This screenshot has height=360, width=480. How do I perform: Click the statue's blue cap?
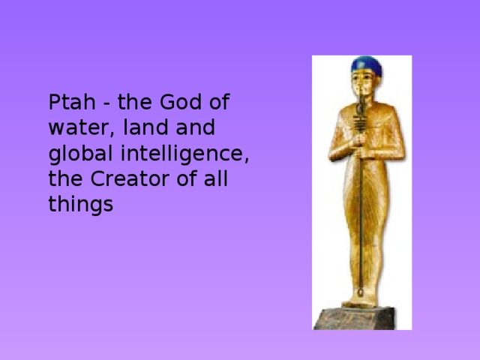[x=367, y=66]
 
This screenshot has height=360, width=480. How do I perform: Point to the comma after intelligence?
[x=246, y=160]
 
